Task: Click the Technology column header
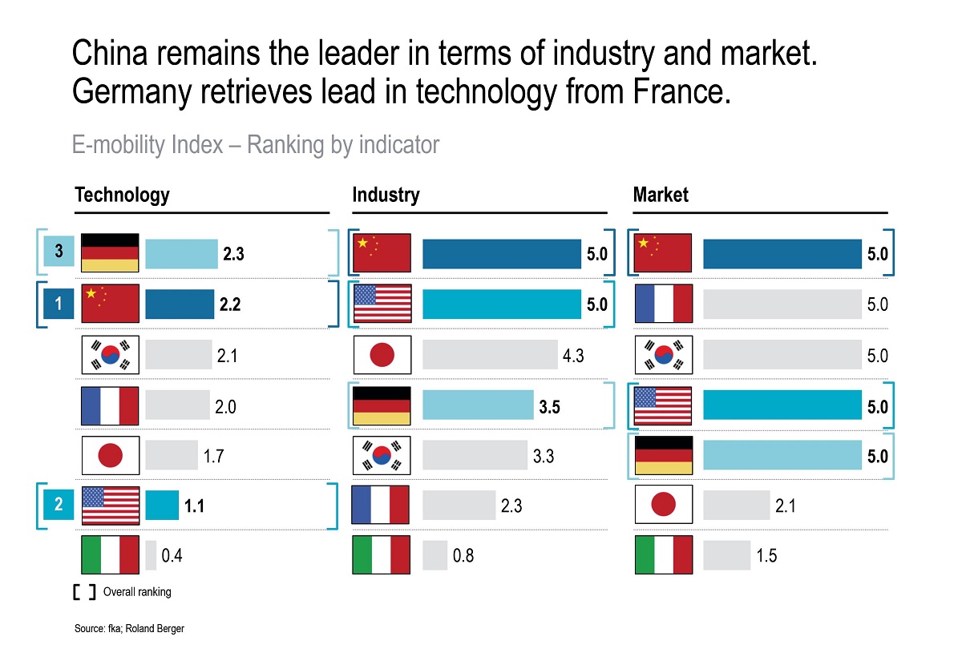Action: click(x=122, y=195)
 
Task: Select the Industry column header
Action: click(x=386, y=195)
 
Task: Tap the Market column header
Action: click(x=661, y=195)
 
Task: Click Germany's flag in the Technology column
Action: click(x=111, y=253)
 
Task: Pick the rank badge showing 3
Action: click(x=59, y=253)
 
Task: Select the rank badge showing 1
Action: click(x=59, y=304)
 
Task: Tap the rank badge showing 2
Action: click(x=59, y=505)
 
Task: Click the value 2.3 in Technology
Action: click(x=232, y=254)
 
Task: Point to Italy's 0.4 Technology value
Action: click(x=172, y=555)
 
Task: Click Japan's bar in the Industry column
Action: click(x=490, y=355)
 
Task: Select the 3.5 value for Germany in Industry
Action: click(x=549, y=406)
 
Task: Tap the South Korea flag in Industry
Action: click(x=382, y=456)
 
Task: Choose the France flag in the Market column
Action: click(x=663, y=304)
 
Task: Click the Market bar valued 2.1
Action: click(x=736, y=506)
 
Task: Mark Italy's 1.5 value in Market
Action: click(x=766, y=555)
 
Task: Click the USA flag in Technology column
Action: click(x=111, y=506)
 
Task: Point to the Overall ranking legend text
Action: click(x=137, y=592)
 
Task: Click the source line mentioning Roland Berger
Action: click(x=129, y=629)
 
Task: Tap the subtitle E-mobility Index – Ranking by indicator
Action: click(x=256, y=145)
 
